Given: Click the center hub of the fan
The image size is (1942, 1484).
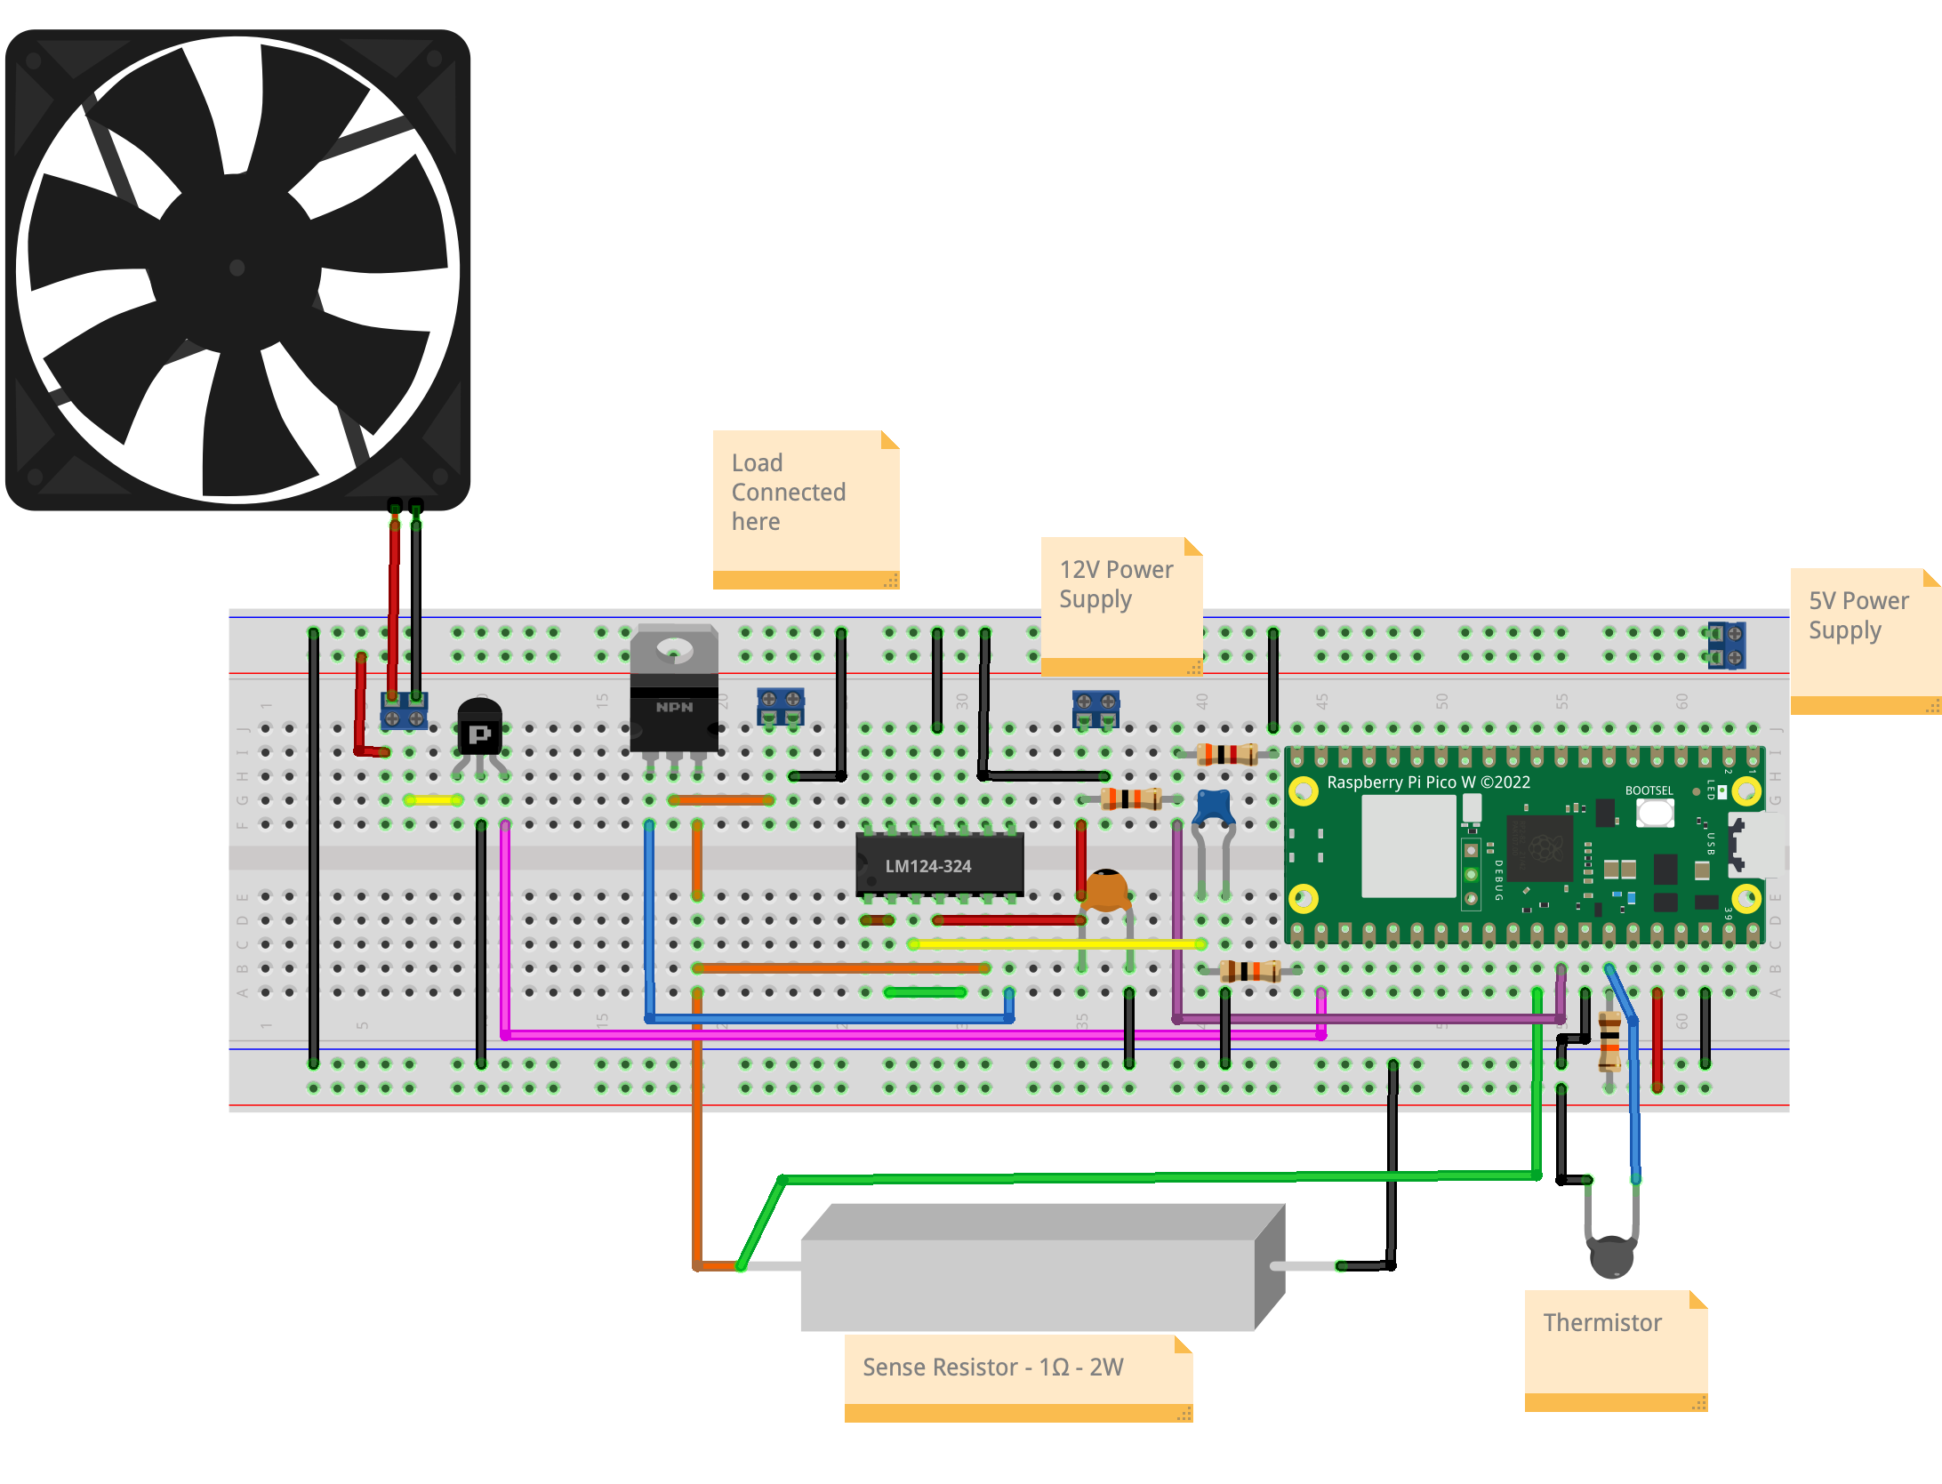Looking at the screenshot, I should tap(237, 268).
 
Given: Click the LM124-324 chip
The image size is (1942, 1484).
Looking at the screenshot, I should tap(939, 865).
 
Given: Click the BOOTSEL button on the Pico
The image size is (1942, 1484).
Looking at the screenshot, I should tap(1655, 812).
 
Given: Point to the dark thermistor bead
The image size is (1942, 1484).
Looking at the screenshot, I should tap(1611, 1256).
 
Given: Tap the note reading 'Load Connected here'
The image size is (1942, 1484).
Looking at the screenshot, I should tap(805, 507).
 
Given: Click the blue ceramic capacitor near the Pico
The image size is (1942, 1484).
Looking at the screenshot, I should tap(1213, 807).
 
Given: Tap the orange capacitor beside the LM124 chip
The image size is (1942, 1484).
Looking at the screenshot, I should tap(1105, 890).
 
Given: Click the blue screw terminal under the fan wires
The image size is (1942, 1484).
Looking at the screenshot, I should tap(404, 710).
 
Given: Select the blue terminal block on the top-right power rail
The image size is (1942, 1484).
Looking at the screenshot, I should tap(1727, 646).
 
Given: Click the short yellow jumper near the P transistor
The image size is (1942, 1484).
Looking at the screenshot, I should tap(433, 800).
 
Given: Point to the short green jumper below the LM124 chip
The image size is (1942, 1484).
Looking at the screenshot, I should tap(925, 991).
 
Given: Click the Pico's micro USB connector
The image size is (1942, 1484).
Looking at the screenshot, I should tap(1757, 846).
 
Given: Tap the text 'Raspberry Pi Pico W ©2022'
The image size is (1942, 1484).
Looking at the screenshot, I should tap(1428, 782).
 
